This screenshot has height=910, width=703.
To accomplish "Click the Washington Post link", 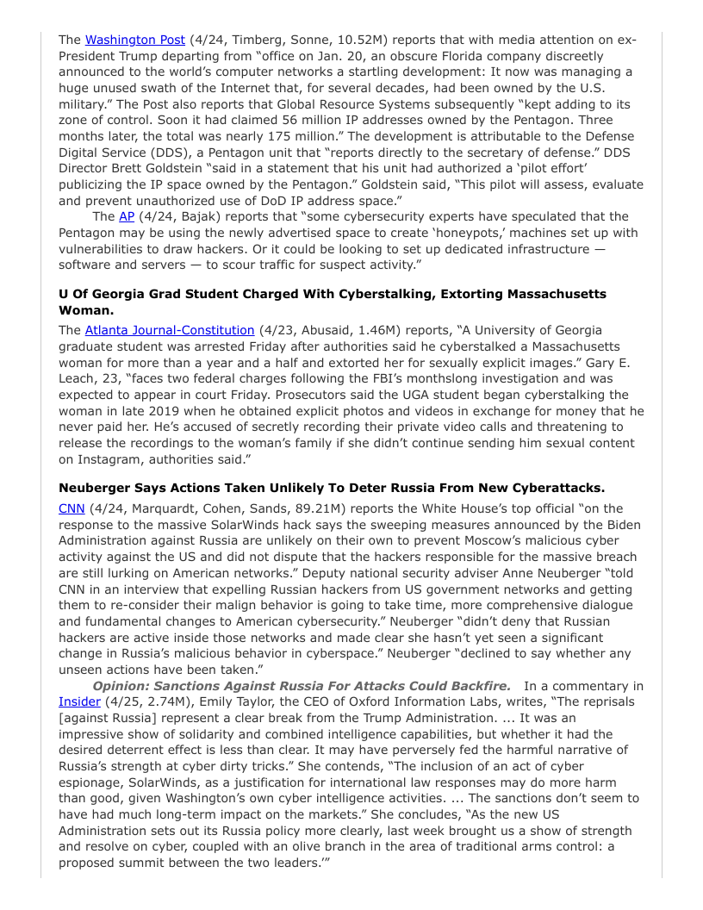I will pos(134,40).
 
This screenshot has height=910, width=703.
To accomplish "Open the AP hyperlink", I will pos(126,216).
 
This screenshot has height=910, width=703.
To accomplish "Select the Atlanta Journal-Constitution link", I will pos(170,330).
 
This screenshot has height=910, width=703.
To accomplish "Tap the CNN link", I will pos(72,508).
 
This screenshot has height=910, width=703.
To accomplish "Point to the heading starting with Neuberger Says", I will pos(331,489).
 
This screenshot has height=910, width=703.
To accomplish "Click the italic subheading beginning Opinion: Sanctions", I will pos(302,686).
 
